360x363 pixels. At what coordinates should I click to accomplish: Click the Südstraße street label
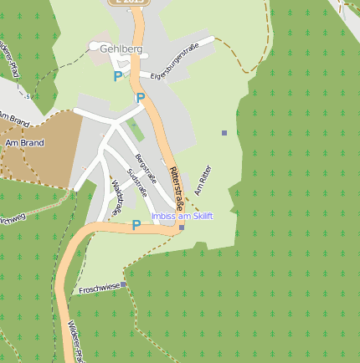tap(135, 182)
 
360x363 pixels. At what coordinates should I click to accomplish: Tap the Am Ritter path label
tap(203, 180)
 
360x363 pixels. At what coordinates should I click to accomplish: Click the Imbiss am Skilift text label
tap(182, 216)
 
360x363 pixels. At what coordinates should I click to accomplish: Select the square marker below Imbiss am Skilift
tap(182, 227)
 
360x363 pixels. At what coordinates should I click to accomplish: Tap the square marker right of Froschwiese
tap(123, 284)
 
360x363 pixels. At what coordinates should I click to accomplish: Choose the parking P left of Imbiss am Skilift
tap(136, 225)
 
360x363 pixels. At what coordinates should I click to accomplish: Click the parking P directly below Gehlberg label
tap(117, 76)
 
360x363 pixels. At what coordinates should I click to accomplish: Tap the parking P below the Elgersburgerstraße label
tap(141, 98)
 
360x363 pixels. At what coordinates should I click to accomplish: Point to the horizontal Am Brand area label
tap(24, 143)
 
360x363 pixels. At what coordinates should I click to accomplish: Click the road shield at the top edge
tap(129, 3)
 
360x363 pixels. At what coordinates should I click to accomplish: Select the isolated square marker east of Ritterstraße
tap(224, 133)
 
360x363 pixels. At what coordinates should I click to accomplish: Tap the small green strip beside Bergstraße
tap(135, 130)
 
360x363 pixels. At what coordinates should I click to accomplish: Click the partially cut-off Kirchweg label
tap(12, 219)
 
